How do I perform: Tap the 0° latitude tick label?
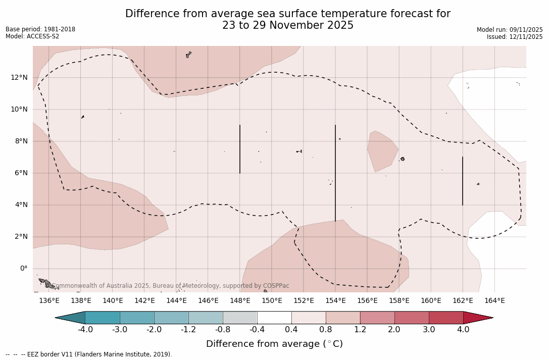(23, 269)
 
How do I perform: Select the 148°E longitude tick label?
(240, 301)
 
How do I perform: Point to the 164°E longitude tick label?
(494, 301)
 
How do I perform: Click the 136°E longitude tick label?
(49, 301)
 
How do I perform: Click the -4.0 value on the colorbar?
(85, 330)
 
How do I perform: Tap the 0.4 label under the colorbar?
(291, 330)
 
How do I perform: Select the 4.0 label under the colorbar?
(463, 330)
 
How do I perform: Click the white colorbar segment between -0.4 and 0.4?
(274, 318)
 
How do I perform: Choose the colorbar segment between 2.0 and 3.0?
(412, 318)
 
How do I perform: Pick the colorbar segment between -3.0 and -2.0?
(137, 318)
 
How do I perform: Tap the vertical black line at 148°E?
(240, 149)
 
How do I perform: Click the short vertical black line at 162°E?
(463, 181)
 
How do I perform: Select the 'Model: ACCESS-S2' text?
(32, 36)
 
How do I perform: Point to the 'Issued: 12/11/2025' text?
(515, 37)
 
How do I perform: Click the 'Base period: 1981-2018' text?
(40, 29)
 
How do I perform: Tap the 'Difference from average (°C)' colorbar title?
(274, 344)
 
